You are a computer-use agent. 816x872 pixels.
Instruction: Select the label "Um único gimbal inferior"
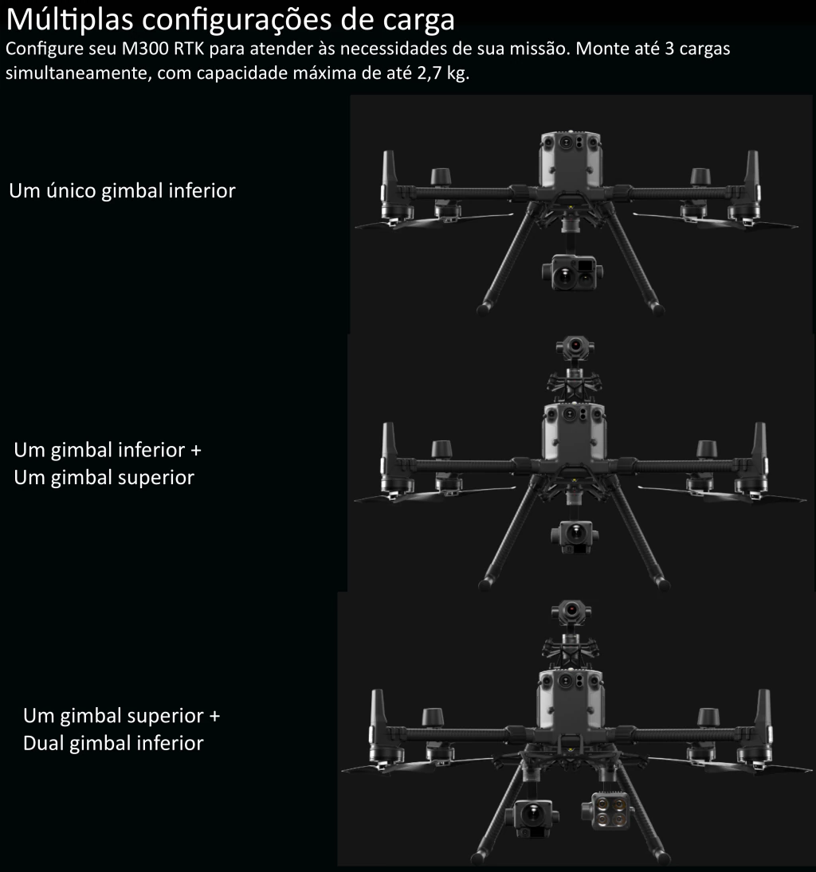tap(122, 191)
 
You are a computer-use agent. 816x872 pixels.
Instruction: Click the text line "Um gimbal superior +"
tap(121, 715)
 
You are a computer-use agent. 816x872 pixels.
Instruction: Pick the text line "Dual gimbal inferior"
tap(113, 743)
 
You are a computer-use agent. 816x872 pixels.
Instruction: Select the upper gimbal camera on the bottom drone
tap(571, 612)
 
